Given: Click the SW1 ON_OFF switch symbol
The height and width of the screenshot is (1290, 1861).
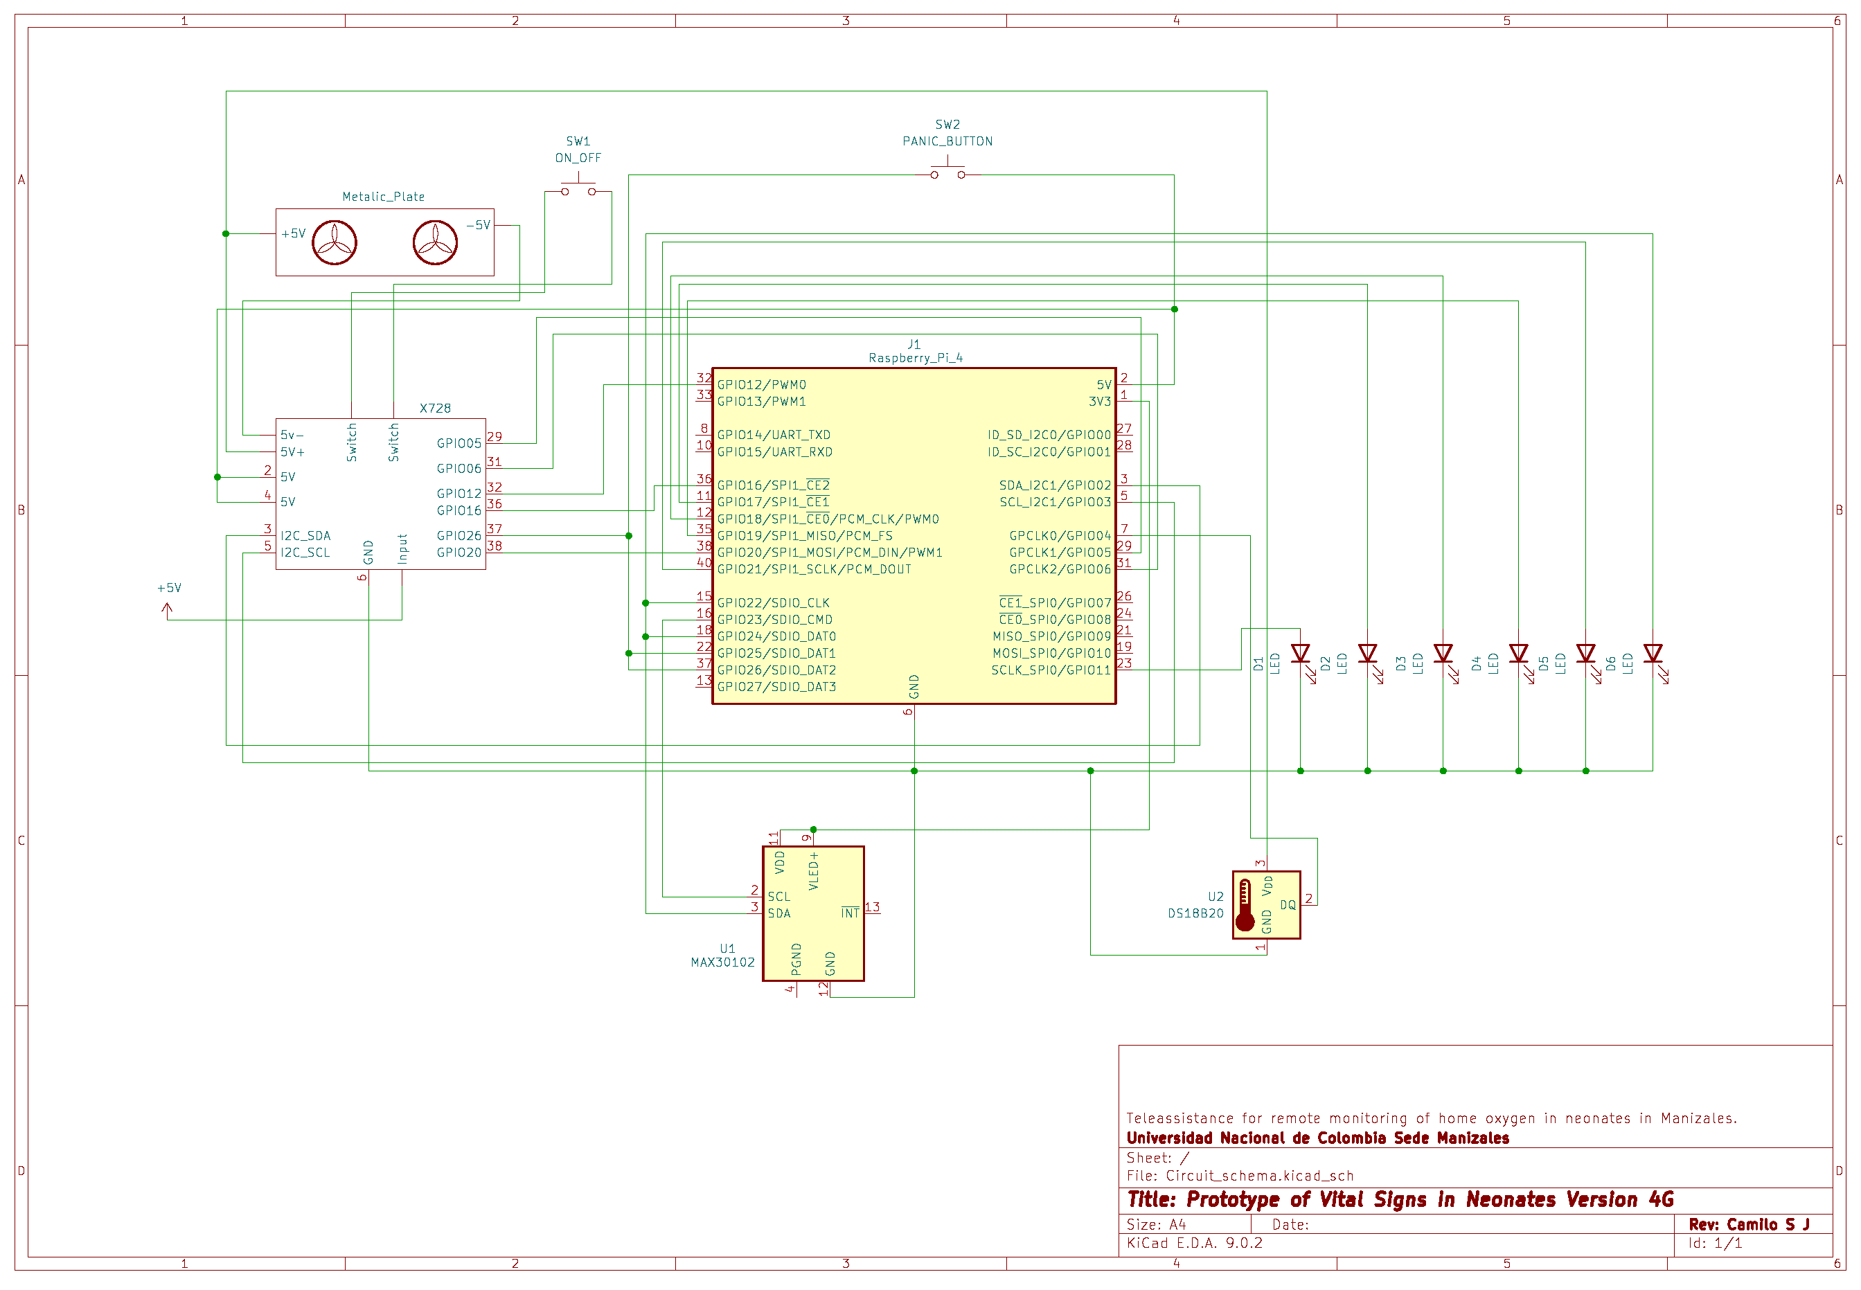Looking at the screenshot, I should coord(578,189).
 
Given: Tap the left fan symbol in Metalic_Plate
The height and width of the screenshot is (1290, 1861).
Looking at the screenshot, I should coord(334,242).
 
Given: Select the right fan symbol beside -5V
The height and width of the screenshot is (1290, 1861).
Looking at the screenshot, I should coord(435,242).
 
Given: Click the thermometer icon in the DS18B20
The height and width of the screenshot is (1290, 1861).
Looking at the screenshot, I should coord(1245,904).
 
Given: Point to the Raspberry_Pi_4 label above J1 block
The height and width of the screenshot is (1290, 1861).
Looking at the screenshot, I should coord(915,358).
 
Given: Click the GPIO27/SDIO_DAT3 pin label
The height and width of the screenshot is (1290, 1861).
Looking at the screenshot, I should coord(776,687).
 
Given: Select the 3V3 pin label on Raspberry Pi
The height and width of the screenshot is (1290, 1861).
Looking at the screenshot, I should coord(1099,402).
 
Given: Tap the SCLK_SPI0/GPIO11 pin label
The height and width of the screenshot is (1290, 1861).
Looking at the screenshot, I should coord(1051,670).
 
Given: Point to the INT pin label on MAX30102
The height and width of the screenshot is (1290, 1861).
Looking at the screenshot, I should coord(850,913).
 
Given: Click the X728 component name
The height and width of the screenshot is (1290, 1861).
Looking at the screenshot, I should coord(435,408).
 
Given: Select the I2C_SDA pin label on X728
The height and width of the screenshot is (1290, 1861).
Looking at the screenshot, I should coord(305,536).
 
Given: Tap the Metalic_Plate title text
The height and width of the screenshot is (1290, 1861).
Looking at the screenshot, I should coord(383,197).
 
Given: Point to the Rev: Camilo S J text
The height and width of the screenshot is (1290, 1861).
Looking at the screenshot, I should coord(1749,1224).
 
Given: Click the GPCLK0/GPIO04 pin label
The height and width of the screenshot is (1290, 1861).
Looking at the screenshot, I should coord(1060,536).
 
